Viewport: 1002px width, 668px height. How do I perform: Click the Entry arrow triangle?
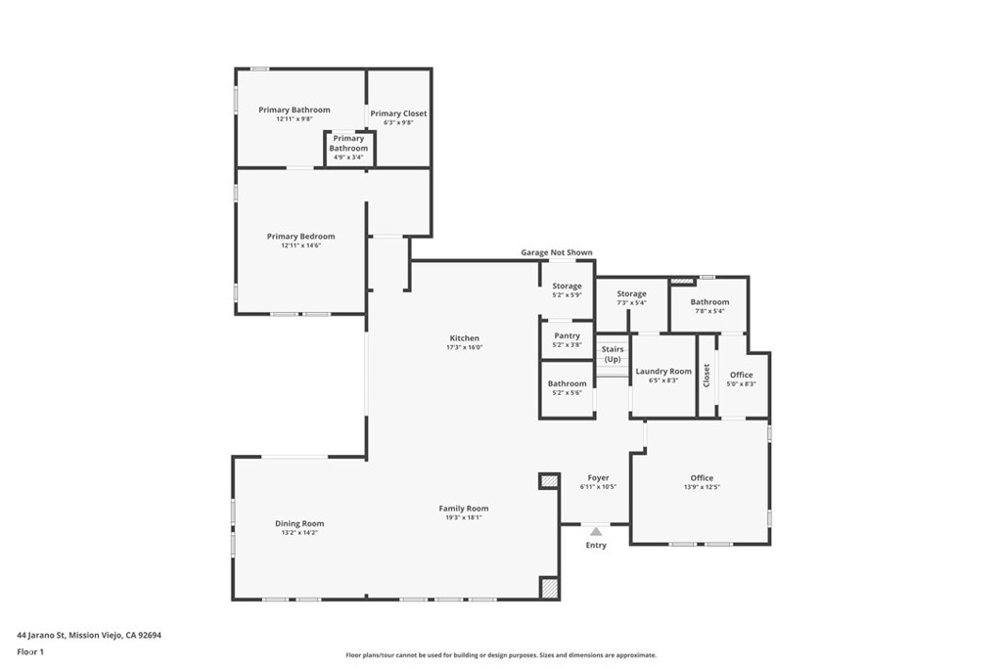pos(595,531)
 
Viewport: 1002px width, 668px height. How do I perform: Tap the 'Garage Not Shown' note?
pos(556,252)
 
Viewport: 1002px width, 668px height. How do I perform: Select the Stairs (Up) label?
pos(613,354)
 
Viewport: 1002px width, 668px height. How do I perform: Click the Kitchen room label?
pos(465,337)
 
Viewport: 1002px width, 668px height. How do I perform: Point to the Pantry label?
pos(568,335)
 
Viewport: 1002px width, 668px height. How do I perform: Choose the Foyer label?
pos(598,478)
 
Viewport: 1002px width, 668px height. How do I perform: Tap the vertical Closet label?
pos(706,376)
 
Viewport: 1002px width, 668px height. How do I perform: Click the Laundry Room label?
pos(663,372)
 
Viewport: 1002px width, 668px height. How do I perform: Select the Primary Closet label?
pos(398,113)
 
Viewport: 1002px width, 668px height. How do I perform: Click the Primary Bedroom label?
pos(301,236)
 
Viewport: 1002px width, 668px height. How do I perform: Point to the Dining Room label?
pos(298,523)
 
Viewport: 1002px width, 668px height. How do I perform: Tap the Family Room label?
pos(464,509)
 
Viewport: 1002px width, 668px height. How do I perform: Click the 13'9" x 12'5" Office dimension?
pos(702,487)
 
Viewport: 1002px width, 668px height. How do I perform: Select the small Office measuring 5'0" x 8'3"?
pos(741,376)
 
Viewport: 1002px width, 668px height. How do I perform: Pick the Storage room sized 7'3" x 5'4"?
pos(631,293)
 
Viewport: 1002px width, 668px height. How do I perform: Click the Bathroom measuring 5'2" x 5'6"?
pos(567,383)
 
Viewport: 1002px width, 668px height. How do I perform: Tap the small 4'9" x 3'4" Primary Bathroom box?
pos(348,148)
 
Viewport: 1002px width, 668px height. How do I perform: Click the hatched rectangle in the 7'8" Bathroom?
pos(682,281)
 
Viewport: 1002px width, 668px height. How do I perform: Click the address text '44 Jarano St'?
pos(41,635)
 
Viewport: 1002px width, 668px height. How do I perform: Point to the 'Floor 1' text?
pos(30,651)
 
